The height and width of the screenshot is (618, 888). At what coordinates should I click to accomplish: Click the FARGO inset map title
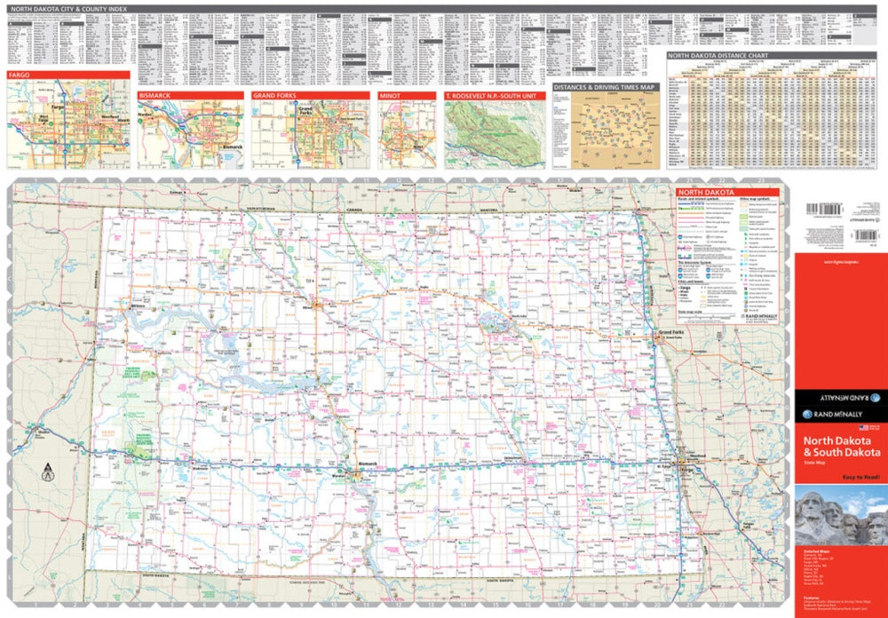tap(20, 75)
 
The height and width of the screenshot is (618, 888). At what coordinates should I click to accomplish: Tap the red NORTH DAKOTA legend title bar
tap(705, 193)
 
